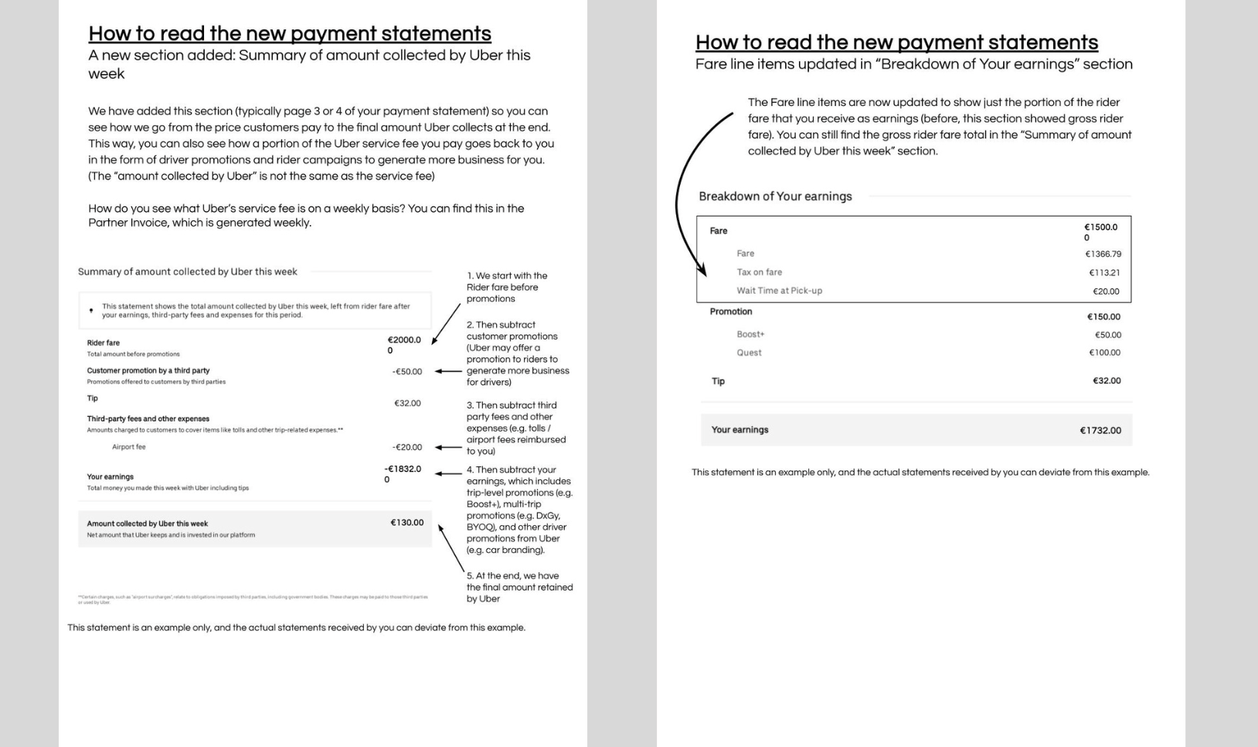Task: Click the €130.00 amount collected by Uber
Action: tap(407, 523)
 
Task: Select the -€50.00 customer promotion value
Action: tap(407, 372)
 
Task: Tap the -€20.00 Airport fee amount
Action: tap(407, 448)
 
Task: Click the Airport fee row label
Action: tap(128, 447)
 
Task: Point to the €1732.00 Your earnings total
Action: tap(1100, 431)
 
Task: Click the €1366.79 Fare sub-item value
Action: tap(1103, 254)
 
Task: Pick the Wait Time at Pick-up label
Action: tap(779, 291)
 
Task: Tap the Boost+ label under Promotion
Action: tap(750, 335)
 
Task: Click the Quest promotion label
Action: tap(749, 353)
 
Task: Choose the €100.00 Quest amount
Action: tap(1105, 353)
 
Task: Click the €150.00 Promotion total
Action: tap(1103, 317)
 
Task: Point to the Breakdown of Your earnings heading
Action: tap(775, 196)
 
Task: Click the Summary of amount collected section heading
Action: tap(187, 271)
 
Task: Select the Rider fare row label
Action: tap(104, 343)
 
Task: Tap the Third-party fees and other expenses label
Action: tap(148, 418)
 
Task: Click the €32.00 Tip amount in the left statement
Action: tap(407, 404)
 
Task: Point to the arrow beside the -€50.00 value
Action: tap(447, 371)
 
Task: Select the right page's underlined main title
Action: tap(896, 43)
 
